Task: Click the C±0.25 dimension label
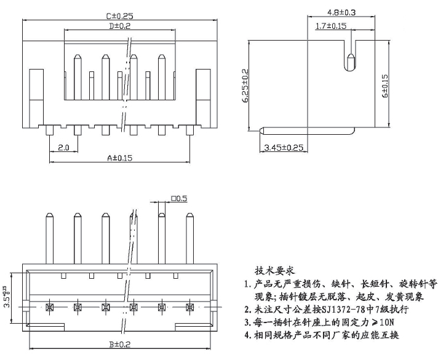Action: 119,15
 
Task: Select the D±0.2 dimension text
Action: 119,26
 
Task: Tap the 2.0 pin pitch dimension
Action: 63,147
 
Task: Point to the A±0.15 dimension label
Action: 119,158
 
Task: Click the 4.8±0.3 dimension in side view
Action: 341,12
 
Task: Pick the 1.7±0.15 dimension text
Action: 331,26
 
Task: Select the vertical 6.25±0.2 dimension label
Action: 245,86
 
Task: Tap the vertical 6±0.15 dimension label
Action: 384,86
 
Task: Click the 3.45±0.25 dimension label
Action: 284,147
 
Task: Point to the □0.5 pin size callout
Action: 179,198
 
